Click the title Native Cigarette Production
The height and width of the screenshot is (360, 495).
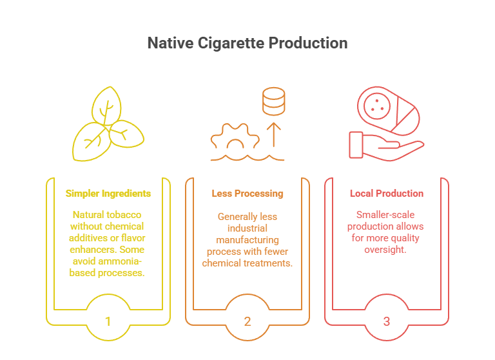tap(247, 43)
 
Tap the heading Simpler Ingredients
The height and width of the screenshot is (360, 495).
tap(108, 194)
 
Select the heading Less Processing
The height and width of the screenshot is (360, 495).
tap(247, 194)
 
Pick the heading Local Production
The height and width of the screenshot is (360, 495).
tap(387, 194)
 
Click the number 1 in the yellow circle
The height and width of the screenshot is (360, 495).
tap(108, 320)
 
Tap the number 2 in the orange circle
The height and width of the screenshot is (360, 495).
tap(247, 320)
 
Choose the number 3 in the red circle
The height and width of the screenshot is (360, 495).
tap(387, 320)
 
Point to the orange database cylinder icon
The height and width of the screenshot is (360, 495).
tap(274, 101)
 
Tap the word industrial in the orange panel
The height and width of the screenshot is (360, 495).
tap(247, 227)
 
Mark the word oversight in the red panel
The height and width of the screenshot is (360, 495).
tap(386, 250)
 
